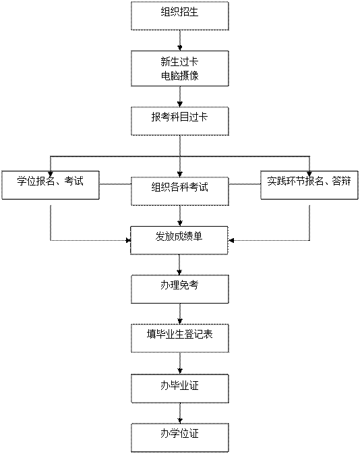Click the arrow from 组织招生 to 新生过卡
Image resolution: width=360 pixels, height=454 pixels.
[x=180, y=40]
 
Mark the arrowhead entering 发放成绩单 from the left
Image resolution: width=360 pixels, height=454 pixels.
[x=129, y=240]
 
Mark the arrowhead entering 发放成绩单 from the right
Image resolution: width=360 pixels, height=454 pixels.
[x=231, y=240]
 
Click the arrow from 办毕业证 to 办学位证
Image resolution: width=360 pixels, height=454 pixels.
[x=180, y=413]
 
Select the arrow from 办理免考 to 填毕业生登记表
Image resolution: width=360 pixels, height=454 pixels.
[x=180, y=314]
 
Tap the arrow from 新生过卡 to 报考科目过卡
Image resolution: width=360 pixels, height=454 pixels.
[x=180, y=96]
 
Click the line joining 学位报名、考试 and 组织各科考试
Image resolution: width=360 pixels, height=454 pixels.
[x=115, y=184]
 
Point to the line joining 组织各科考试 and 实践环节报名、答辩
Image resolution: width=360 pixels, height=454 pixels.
[x=245, y=184]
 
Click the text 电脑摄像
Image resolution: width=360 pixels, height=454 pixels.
[x=180, y=76]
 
